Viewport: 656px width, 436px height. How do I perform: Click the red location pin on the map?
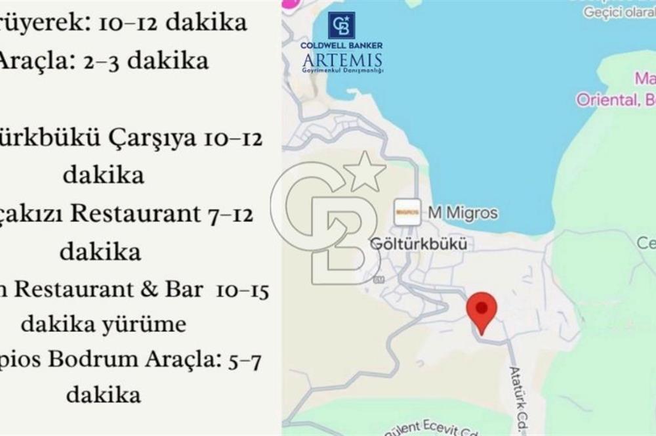click(x=482, y=309)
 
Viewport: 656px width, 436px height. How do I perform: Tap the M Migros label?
click(x=462, y=213)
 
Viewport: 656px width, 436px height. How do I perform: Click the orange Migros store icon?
click(x=407, y=211)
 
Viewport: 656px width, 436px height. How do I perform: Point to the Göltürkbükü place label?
click(x=419, y=244)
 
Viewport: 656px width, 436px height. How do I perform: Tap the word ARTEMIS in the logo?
click(x=342, y=61)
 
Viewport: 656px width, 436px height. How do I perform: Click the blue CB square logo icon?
click(x=342, y=26)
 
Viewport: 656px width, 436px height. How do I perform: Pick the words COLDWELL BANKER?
click(x=342, y=45)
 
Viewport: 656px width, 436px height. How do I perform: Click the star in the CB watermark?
click(x=365, y=172)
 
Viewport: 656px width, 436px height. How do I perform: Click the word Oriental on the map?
click(x=606, y=100)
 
